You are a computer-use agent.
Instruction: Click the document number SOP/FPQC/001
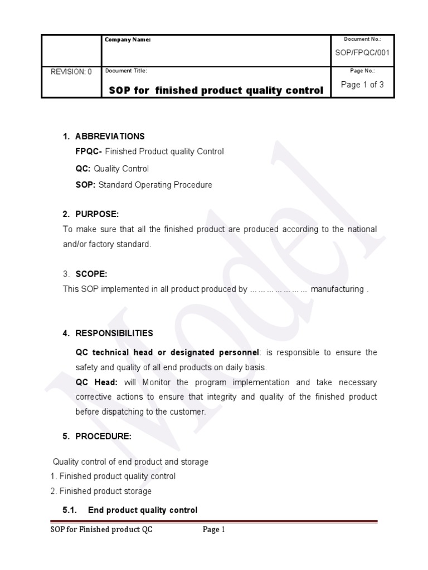click(362, 53)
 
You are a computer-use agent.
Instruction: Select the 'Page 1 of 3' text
click(362, 85)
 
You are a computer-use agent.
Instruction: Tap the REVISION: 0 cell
click(71, 72)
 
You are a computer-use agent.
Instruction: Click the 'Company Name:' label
click(128, 40)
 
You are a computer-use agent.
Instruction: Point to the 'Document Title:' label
click(126, 71)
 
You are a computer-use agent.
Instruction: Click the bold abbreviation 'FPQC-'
click(89, 151)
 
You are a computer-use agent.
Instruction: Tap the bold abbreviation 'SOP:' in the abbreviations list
click(86, 185)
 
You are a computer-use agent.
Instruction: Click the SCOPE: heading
click(91, 274)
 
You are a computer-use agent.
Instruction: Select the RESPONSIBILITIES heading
click(114, 333)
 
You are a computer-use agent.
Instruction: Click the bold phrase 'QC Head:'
click(93, 382)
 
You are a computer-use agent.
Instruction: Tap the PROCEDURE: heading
click(103, 436)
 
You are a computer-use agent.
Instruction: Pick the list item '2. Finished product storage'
click(101, 491)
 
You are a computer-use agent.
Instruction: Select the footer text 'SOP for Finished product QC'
click(98, 530)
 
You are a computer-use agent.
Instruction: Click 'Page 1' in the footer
click(213, 530)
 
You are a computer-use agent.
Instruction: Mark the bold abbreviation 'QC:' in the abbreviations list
click(84, 168)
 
